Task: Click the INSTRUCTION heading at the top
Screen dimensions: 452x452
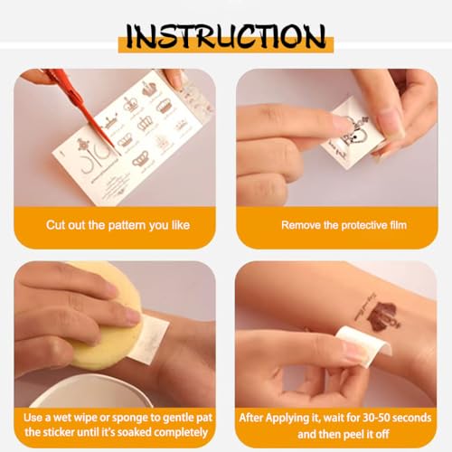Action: point(226,36)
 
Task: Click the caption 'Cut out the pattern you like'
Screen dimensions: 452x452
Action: point(118,225)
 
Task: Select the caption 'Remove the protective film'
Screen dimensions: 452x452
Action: point(344,225)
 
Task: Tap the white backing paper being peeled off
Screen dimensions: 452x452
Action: point(363,346)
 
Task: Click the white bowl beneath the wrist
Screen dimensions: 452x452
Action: point(90,391)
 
